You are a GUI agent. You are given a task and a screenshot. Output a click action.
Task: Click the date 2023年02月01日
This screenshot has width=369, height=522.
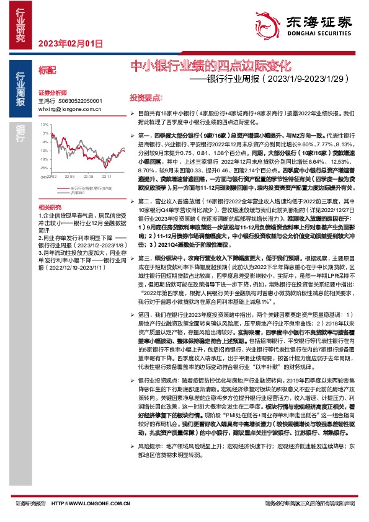pyautogui.click(x=69, y=43)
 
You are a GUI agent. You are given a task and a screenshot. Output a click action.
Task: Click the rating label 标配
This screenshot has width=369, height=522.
pyautogui.click(x=47, y=72)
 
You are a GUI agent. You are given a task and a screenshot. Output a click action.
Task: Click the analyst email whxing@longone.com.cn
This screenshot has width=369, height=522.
pyautogui.click(x=69, y=107)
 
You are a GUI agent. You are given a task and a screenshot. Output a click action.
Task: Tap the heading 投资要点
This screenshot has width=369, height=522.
pyautogui.click(x=146, y=98)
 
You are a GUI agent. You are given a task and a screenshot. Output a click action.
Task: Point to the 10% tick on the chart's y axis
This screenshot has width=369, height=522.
pyautogui.click(x=45, y=125)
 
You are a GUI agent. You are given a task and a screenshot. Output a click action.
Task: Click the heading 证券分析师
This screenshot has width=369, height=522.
pyautogui.click(x=51, y=91)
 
